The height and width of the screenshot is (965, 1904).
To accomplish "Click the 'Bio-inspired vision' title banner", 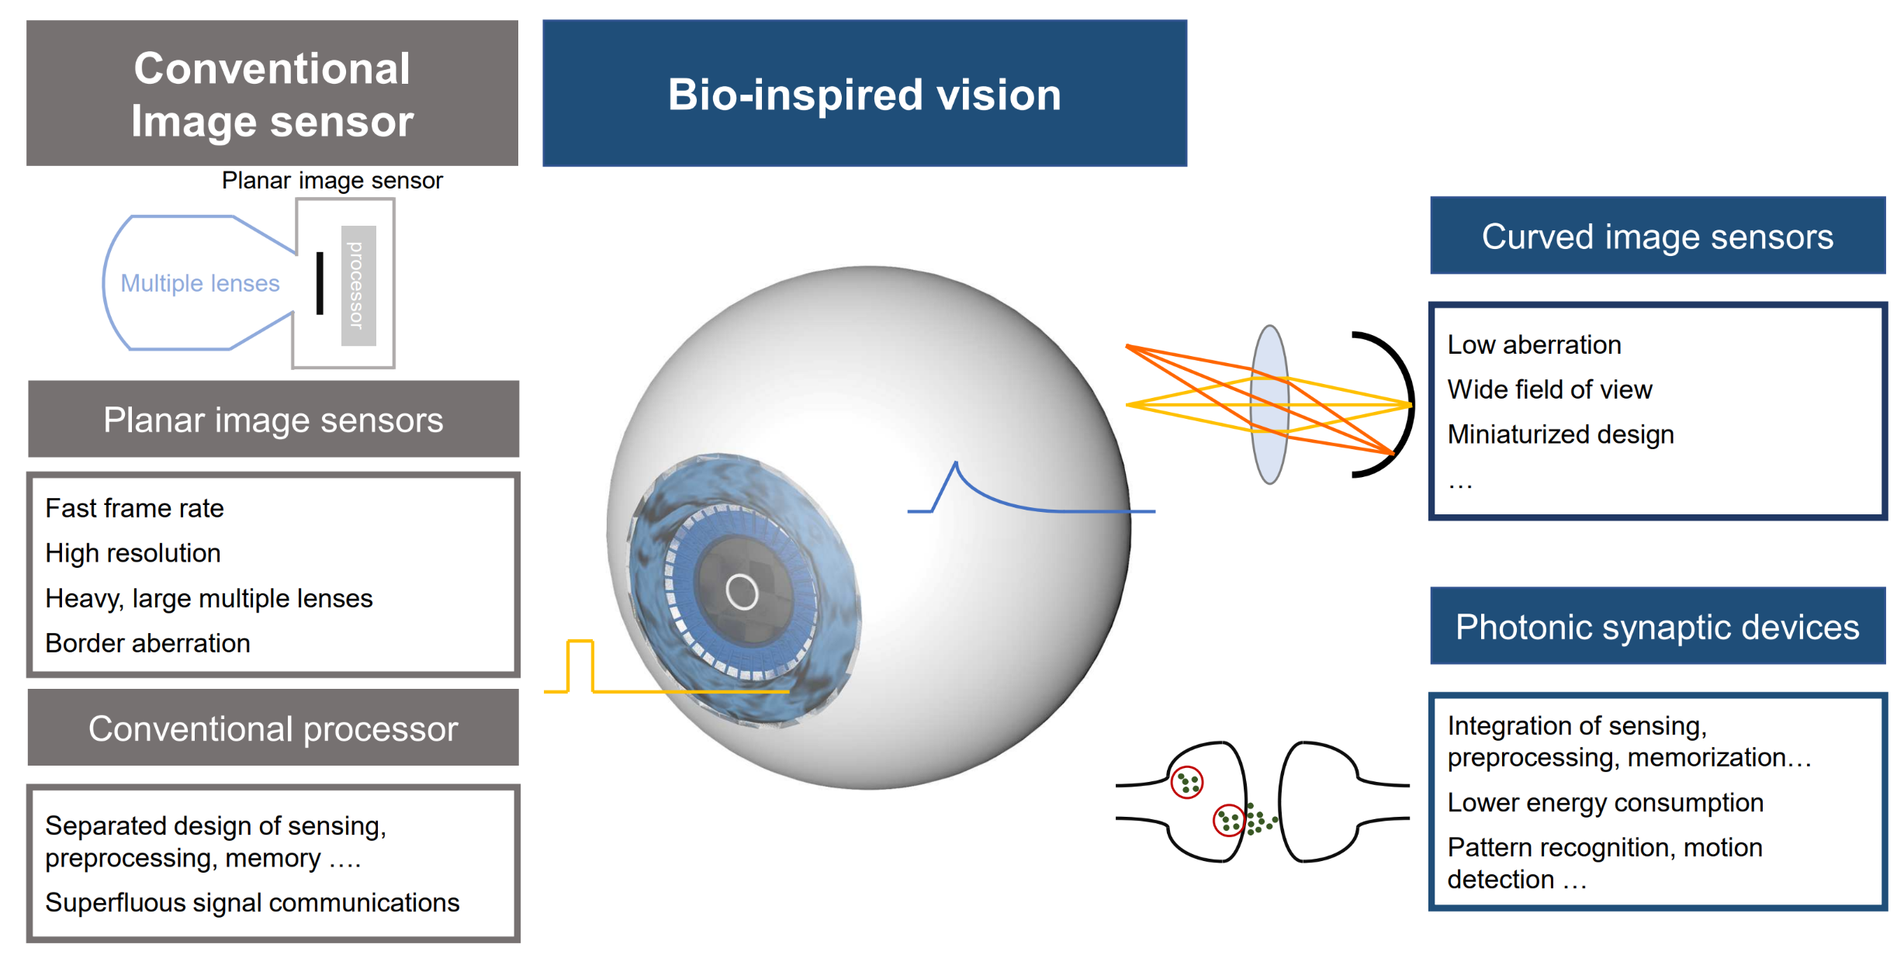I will pyautogui.click(x=864, y=94).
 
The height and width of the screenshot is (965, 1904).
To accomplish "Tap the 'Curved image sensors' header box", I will pyautogui.click(x=1657, y=236).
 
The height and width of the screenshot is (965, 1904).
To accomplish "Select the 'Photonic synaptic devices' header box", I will pyautogui.click(x=1657, y=627).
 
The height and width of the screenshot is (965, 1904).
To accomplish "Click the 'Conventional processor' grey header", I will pyautogui.click(x=273, y=728).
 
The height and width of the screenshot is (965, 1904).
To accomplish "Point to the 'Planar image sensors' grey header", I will pyautogui.click(x=273, y=420).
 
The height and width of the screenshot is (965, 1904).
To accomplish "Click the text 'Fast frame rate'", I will pyautogui.click(x=134, y=508).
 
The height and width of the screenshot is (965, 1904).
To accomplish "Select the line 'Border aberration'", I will pyautogui.click(x=147, y=643).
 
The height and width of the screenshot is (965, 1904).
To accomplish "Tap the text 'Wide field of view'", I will pyautogui.click(x=1549, y=389).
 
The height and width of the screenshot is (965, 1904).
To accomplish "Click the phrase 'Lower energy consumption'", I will pyautogui.click(x=1605, y=802).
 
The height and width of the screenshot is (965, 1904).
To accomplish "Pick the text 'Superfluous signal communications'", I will pyautogui.click(x=252, y=902).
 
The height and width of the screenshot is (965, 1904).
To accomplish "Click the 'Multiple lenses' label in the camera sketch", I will pyautogui.click(x=200, y=283).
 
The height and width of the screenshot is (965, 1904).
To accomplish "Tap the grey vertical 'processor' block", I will pyautogui.click(x=358, y=285).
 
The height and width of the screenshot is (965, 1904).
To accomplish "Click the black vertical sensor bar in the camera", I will pyautogui.click(x=320, y=283).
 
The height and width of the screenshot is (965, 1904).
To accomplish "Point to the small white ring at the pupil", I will pyautogui.click(x=742, y=593).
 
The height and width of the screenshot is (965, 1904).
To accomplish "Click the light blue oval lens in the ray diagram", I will pyautogui.click(x=1269, y=404).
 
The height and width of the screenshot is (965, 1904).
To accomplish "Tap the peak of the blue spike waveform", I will pyautogui.click(x=956, y=464).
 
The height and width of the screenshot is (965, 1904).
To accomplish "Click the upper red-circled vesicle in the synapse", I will pyautogui.click(x=1186, y=782).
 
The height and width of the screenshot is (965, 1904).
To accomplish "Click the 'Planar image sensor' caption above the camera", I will pyautogui.click(x=332, y=181).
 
